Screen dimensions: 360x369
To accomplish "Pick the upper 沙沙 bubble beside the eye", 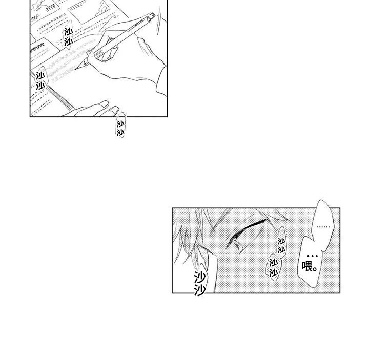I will click(x=281, y=246).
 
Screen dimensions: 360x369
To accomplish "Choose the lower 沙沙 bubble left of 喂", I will click(x=274, y=267).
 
